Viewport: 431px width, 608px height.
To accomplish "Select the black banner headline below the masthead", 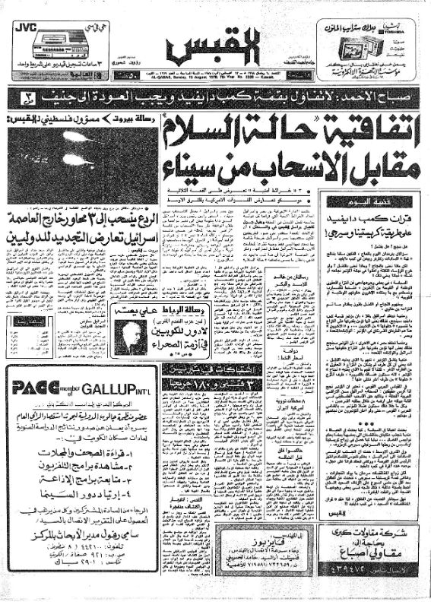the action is pyautogui.click(x=215, y=97).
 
